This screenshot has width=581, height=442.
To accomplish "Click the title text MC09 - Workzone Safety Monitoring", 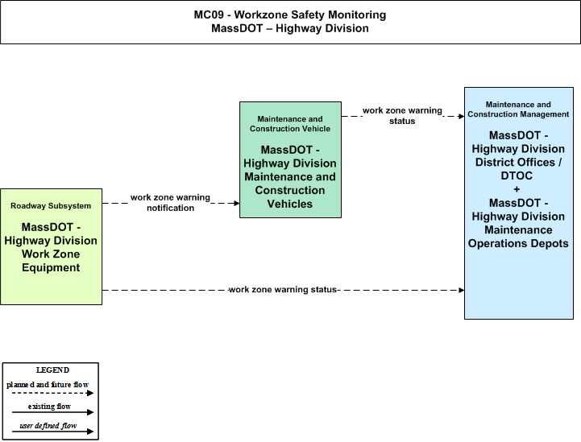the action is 290,14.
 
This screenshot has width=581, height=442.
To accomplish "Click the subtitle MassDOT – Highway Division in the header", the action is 290,28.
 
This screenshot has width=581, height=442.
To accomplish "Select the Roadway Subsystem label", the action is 51,206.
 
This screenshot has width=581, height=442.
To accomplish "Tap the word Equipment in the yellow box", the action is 51,267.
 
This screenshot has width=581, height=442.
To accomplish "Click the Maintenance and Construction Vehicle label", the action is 290,124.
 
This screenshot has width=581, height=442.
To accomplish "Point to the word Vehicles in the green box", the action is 290,204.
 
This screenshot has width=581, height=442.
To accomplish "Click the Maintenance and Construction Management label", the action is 518,109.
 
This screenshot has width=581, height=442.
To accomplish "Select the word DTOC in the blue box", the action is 517,176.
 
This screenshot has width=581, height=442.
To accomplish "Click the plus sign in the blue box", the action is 517,189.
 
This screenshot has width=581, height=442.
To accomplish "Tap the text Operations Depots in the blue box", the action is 518,244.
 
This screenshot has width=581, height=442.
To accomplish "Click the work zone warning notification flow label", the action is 170,203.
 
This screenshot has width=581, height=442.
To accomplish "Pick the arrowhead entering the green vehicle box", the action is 237,203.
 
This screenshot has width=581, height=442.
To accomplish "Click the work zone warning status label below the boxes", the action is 282,290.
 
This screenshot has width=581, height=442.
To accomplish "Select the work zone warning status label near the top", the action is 402,115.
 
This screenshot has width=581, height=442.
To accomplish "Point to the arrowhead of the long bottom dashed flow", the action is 462,290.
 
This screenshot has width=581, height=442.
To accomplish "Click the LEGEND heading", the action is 52,370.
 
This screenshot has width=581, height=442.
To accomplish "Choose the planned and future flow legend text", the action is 48,385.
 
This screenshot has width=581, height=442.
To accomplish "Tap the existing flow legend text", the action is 49,407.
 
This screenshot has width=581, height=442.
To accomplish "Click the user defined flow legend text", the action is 48,426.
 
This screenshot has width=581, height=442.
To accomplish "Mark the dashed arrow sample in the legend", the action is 52,393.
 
